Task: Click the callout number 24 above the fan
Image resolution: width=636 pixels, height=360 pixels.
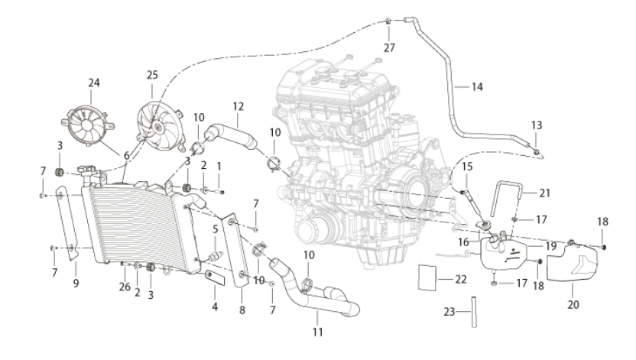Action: click(94, 83)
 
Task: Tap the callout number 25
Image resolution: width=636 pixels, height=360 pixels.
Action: click(152, 75)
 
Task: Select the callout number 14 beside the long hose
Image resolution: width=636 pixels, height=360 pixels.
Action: click(478, 87)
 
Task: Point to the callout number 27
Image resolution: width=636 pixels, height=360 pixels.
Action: click(389, 48)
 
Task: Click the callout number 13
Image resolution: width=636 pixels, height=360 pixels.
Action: click(537, 125)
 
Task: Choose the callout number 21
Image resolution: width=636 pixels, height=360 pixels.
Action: click(545, 193)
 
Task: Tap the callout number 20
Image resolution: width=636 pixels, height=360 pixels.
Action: click(573, 304)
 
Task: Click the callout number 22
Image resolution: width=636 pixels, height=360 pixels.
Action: click(461, 279)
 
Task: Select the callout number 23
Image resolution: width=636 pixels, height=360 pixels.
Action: click(449, 312)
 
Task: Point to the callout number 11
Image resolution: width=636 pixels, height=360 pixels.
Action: click(317, 332)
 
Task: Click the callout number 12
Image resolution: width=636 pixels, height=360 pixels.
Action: click(238, 106)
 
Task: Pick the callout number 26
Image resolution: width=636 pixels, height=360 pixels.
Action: click(125, 287)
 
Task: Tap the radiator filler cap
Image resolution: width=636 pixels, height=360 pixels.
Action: click(87, 170)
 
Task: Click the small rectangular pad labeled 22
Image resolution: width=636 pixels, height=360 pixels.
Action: click(427, 277)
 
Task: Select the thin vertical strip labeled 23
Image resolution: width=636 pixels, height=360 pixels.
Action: click(474, 312)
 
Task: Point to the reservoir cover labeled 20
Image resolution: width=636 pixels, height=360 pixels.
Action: click(572, 261)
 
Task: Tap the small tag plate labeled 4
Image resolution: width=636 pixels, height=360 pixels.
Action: click(215, 277)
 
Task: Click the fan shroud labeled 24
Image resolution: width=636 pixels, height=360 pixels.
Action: click(87, 125)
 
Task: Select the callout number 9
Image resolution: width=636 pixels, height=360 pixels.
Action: click(76, 283)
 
